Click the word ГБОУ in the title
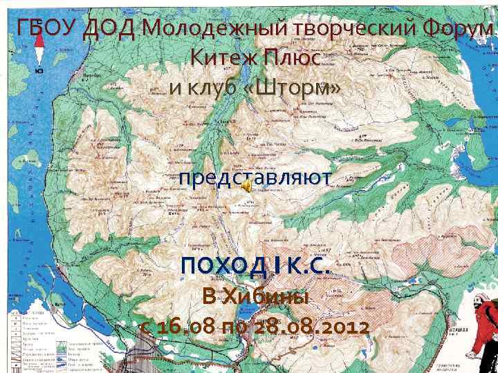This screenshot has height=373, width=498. point(48,30)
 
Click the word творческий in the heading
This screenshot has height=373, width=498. point(343,30)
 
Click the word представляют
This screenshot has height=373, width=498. point(254,178)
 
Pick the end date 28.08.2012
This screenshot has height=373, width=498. point(315,327)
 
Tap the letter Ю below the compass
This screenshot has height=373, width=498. point(39,70)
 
